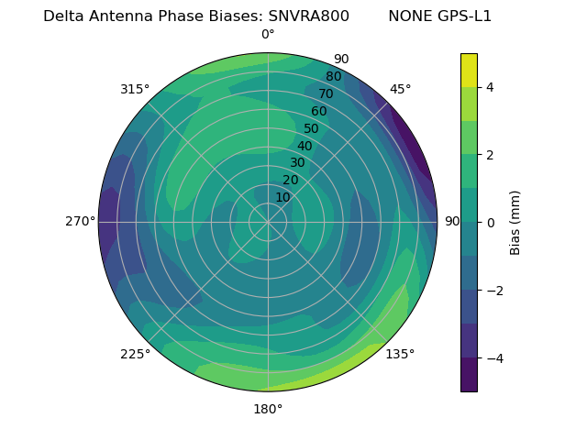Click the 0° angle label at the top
268,35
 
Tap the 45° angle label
400,89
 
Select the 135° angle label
400,354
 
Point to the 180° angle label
268,409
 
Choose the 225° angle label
135,355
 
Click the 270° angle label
80,222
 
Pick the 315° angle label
135,89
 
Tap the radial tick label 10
282,197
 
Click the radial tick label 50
312,128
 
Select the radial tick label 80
333,77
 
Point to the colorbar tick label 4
490,87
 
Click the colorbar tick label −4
493,357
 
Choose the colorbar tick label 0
490,222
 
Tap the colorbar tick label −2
493,290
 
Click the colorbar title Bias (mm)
515,222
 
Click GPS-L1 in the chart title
466,16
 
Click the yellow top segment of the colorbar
469,71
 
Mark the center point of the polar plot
268,222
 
